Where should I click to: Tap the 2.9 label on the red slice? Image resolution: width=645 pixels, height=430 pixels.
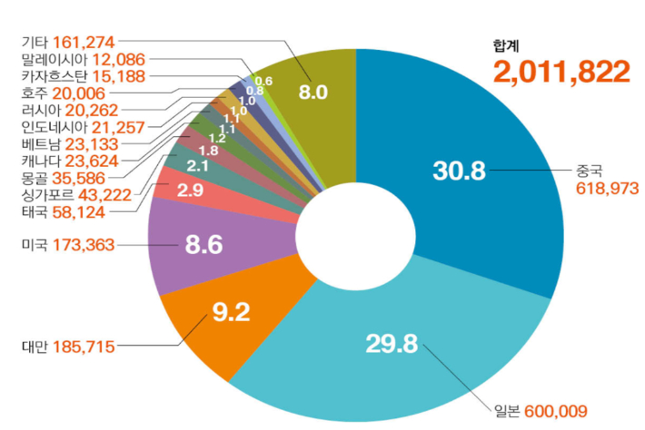coord(190,191)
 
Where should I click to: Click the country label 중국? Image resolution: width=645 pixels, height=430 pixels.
coord(591,170)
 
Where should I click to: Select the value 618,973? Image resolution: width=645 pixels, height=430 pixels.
coord(609,188)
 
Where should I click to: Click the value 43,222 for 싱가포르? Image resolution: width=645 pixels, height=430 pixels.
coord(104,194)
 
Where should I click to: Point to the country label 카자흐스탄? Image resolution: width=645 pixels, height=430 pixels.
coord(52,75)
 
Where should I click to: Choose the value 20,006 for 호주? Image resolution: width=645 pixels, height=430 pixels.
coord(78,93)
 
